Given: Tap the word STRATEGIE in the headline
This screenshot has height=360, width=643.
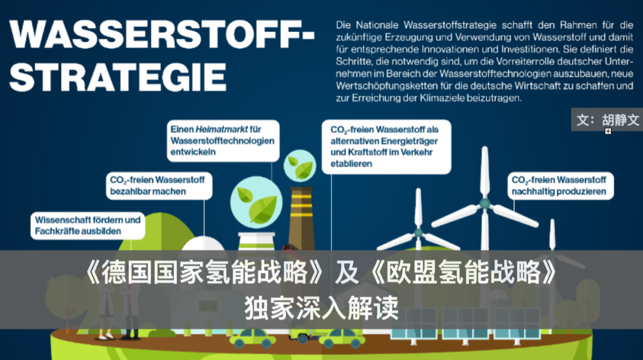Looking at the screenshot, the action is pos(118,77).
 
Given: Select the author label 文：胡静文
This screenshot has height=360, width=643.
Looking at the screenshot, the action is pos(607,120).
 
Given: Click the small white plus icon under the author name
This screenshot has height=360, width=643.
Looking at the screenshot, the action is pos(608,132).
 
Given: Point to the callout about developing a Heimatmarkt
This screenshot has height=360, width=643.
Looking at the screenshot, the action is pos(223,140).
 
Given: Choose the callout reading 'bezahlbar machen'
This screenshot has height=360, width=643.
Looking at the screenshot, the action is pos(159,186).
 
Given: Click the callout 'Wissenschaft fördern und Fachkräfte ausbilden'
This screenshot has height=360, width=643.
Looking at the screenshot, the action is pos(88,226).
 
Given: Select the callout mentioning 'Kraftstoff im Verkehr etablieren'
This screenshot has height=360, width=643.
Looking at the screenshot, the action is pos(386,147).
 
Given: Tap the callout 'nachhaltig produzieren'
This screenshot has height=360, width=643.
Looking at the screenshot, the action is pos(561,186).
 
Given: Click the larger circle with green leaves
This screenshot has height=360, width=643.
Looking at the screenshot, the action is pos(256,202).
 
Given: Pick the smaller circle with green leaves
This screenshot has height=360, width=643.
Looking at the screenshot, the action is pos(299,165).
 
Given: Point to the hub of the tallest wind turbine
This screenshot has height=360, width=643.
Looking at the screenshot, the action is pos(485,203).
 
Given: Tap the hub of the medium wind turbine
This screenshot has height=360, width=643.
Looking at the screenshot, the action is pos(419,233).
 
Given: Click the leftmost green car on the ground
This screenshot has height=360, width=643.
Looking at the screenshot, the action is pos(252,338).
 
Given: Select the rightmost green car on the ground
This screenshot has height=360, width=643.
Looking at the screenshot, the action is pos(342,338).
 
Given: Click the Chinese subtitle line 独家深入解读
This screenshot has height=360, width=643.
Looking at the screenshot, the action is pos(321,308).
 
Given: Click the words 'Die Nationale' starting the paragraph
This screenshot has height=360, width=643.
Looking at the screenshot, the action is pos(367,25).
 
